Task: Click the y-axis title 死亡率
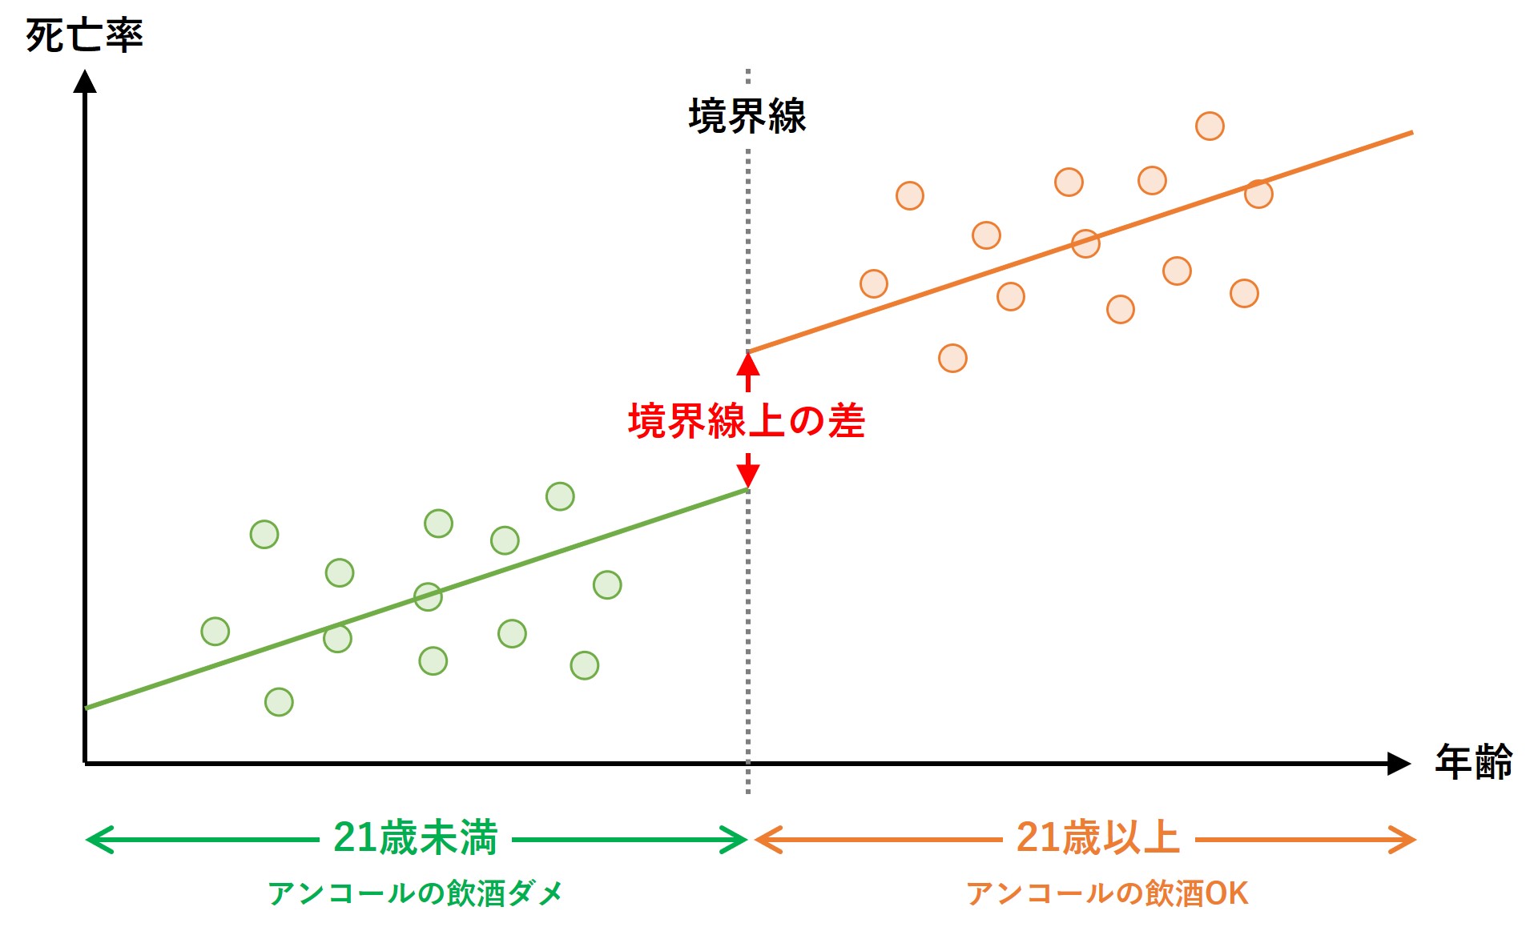click(x=84, y=36)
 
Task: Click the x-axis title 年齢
click(x=1473, y=761)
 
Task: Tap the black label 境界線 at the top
click(x=747, y=116)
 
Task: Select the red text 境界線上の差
click(x=747, y=421)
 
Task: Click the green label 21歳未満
click(x=415, y=838)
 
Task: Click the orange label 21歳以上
click(x=1097, y=838)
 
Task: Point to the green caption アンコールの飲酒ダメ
click(x=415, y=893)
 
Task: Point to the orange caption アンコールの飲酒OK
click(x=1107, y=893)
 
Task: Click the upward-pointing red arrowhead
click(x=747, y=366)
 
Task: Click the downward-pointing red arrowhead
click(x=747, y=474)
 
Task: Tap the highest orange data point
click(x=1210, y=126)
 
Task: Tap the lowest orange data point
click(x=952, y=358)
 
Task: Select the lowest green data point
click(x=279, y=702)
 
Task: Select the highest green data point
click(x=560, y=496)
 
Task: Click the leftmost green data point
click(x=215, y=632)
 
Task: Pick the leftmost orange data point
click(x=874, y=283)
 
